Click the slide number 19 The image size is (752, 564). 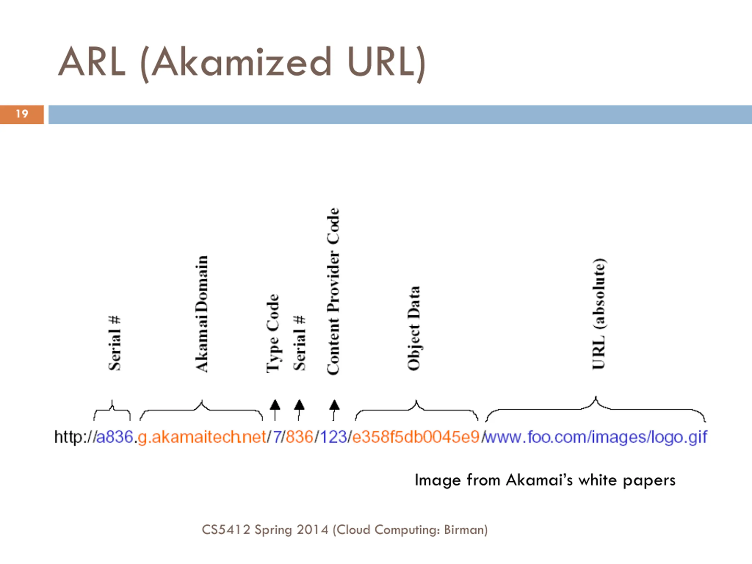tap(22, 114)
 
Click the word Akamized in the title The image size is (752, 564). tap(241, 63)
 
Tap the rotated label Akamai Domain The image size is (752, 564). tap(202, 314)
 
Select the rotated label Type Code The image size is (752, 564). tap(273, 333)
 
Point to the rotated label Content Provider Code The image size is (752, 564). tap(333, 291)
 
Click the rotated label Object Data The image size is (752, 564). tap(414, 328)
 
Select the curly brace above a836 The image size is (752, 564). tap(112, 410)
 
